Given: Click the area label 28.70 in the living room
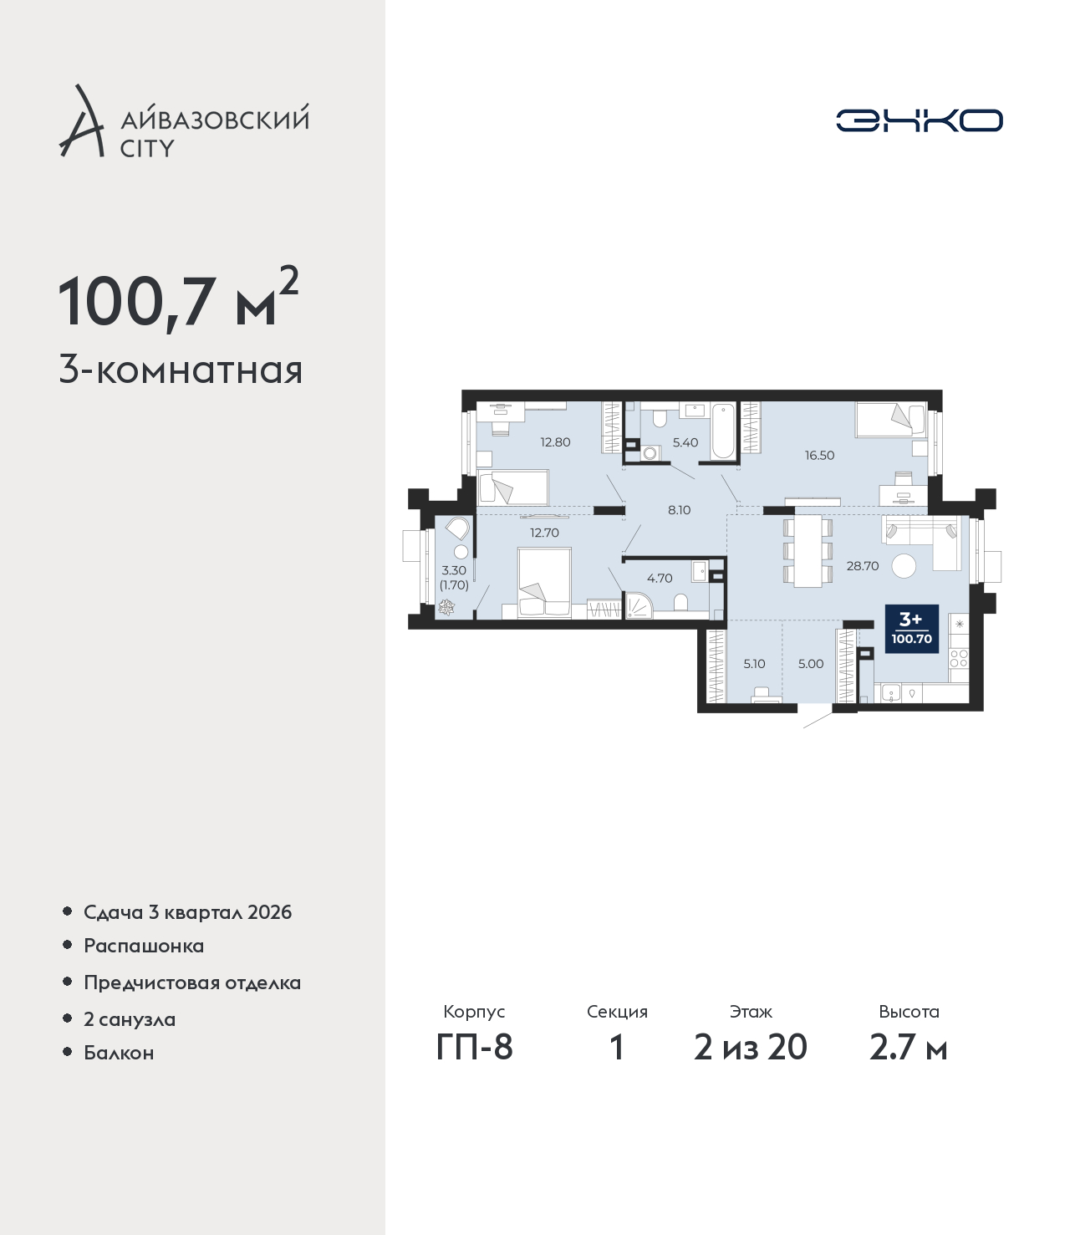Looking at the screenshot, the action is (862, 566).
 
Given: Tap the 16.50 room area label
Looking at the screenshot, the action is (819, 455).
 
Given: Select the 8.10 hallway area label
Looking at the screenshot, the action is (680, 510).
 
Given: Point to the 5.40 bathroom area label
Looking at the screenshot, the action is (685, 442).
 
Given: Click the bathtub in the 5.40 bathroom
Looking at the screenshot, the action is (722, 431).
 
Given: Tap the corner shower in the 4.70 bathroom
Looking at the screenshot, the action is (638, 605).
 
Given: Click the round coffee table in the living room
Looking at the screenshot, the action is (904, 566).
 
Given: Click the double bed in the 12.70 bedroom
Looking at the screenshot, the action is (544, 582).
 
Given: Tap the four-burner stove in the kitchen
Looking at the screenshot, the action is (959, 658).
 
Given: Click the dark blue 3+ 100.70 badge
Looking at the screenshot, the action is (912, 629).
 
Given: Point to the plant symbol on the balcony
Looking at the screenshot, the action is (446, 608).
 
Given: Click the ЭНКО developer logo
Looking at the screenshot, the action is (919, 120).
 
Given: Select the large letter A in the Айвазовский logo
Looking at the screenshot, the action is (82, 121).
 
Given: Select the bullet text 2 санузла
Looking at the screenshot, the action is (130, 1018).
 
